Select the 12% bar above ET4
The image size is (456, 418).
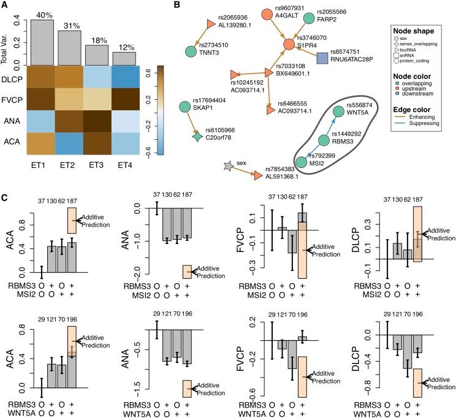click(x=124, y=58)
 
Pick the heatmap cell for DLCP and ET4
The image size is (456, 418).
click(x=124, y=79)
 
